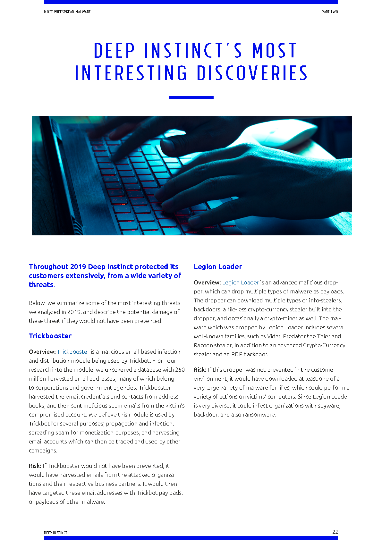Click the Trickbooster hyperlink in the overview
[x=73, y=352]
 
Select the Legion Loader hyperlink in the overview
[x=240, y=283]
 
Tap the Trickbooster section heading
[x=50, y=336]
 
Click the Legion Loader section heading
[x=218, y=266]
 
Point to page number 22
[x=335, y=532]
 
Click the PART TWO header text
[x=330, y=12]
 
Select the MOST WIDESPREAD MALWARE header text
[x=67, y=12]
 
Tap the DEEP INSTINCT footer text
[x=55, y=533]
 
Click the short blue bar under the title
[x=191, y=97]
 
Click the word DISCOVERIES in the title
[x=252, y=73]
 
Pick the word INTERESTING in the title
[x=131, y=73]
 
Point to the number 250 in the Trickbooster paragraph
[x=180, y=370]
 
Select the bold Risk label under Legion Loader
[x=200, y=370]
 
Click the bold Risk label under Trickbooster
[x=35, y=466]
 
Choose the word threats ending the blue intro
[x=41, y=285]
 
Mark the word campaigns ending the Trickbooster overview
[x=43, y=451]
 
